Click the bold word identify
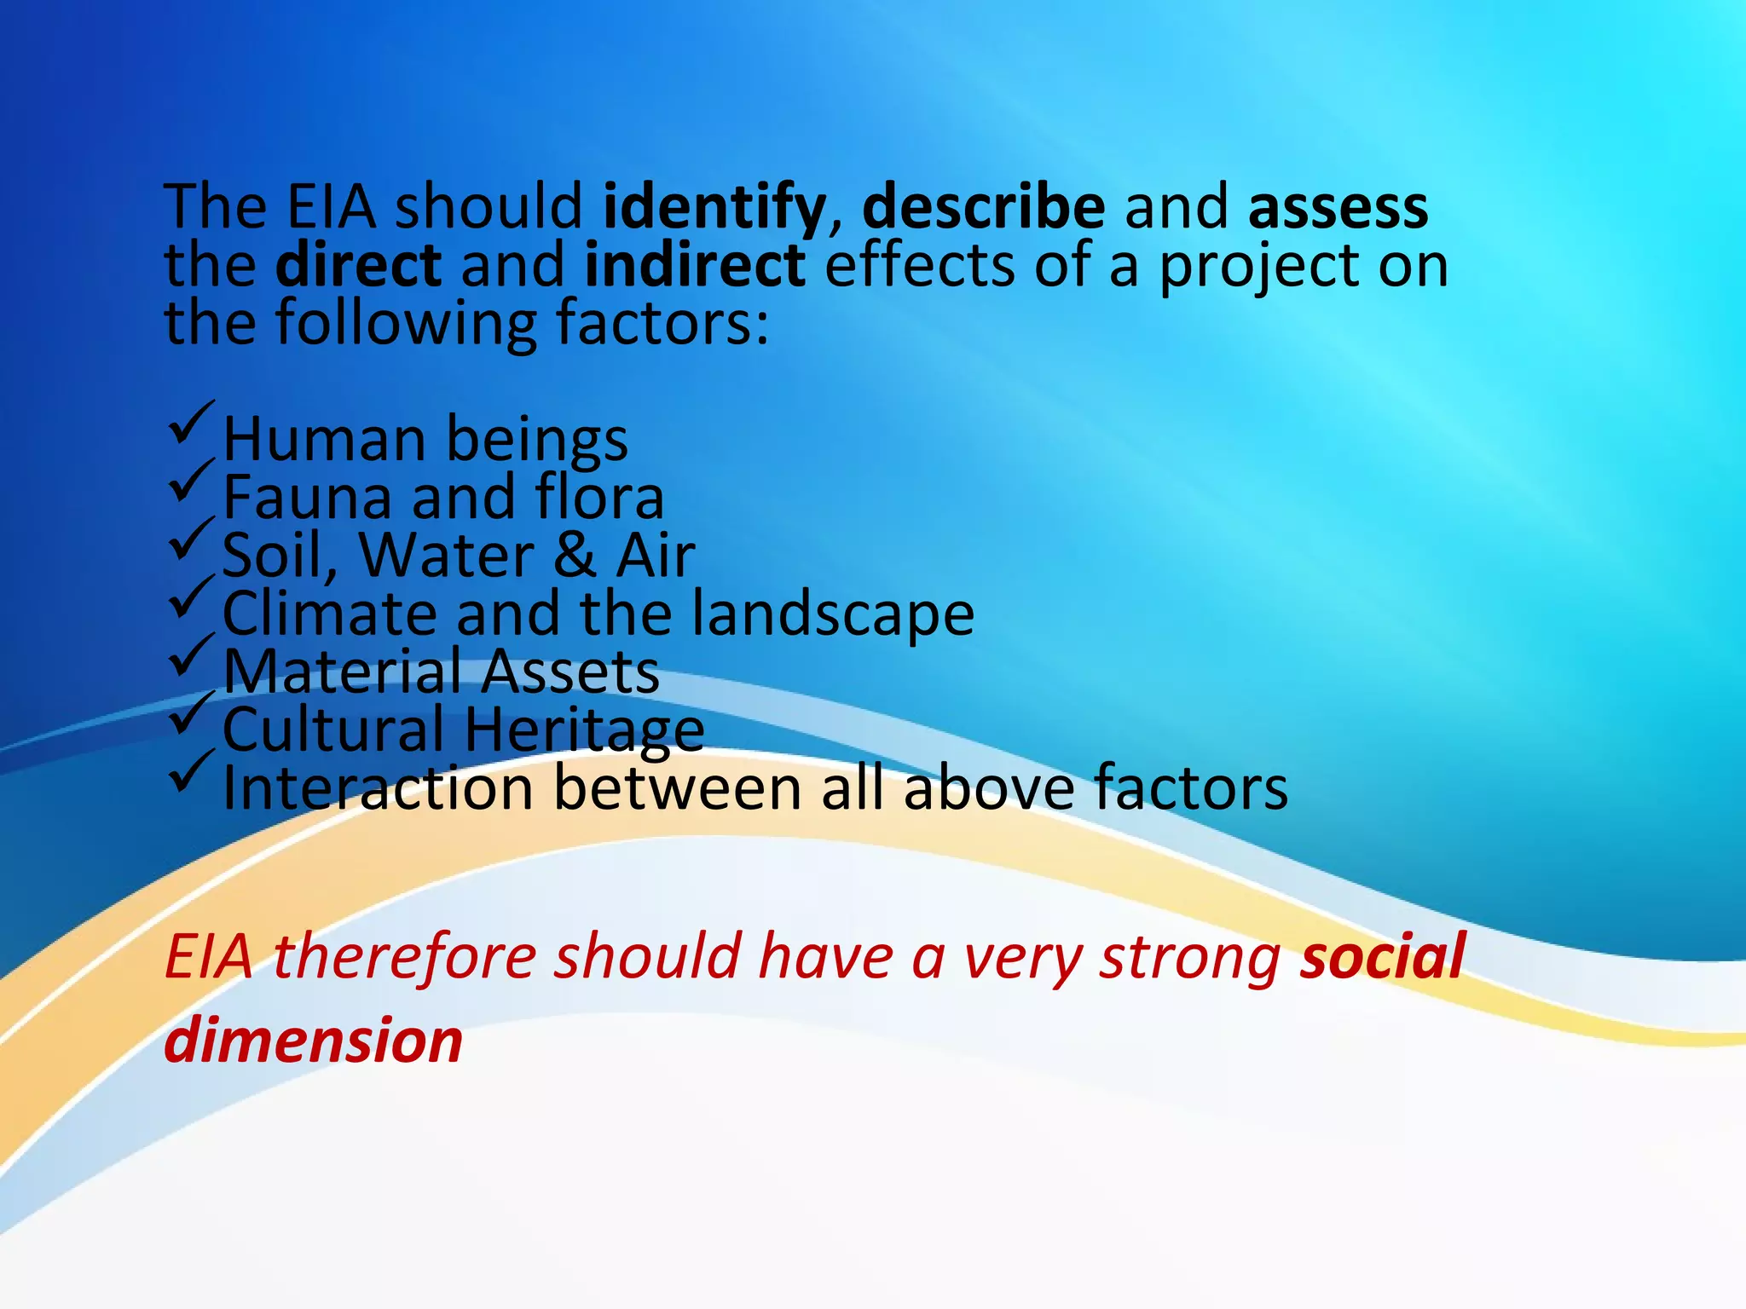click(714, 207)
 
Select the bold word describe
click(983, 207)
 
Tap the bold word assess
click(1338, 207)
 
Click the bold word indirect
click(694, 265)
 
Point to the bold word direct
click(358, 265)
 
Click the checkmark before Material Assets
click(191, 655)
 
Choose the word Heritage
click(584, 731)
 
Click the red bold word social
click(1382, 956)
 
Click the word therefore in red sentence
click(404, 956)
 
